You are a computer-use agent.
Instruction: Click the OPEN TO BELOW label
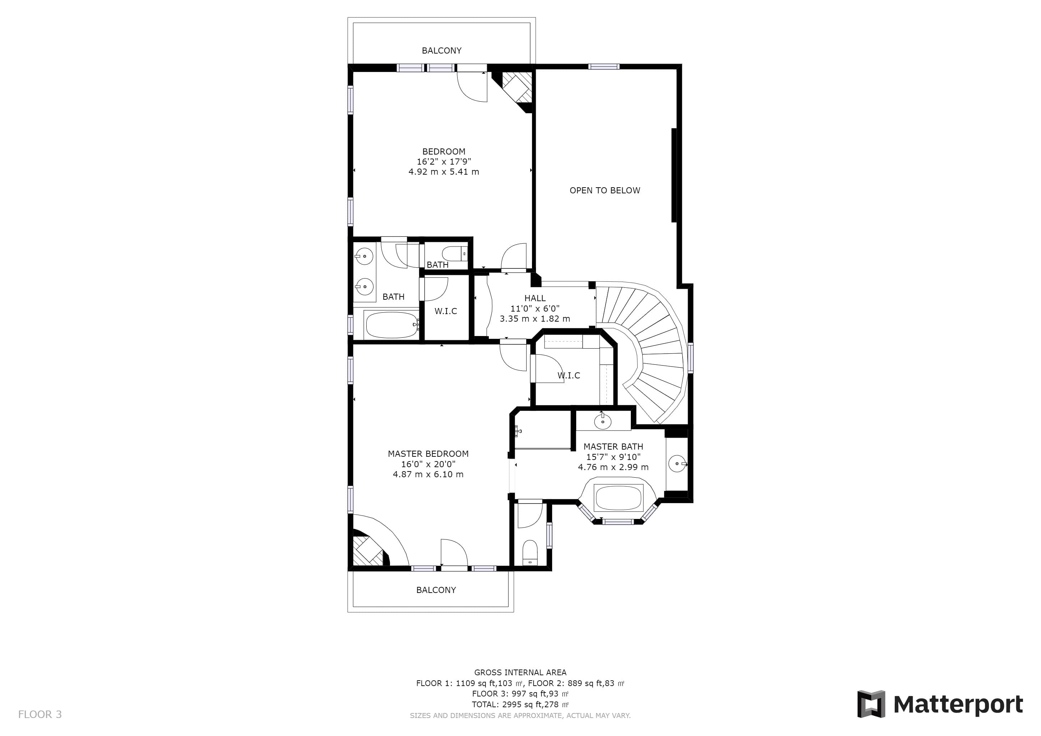[x=605, y=191]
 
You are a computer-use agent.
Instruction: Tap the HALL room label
[x=535, y=298]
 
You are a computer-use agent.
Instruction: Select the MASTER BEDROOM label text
[x=428, y=454]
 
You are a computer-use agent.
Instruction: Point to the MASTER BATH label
[x=613, y=446]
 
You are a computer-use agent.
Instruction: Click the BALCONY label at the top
[x=442, y=51]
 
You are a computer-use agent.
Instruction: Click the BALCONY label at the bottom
[x=436, y=590]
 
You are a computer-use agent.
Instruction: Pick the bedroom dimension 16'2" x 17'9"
[x=444, y=161]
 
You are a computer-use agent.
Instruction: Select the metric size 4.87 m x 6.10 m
[x=428, y=474]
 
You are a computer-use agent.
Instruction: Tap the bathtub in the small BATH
[x=391, y=324]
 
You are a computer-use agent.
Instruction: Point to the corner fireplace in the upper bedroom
[x=515, y=89]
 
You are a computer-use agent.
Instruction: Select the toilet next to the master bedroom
[x=530, y=553]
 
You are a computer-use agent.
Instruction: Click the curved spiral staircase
[x=653, y=344]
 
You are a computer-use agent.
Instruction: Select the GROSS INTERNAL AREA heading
[x=520, y=672]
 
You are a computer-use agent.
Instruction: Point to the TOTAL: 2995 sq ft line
[x=520, y=705]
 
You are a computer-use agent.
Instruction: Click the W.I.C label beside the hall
[x=446, y=311]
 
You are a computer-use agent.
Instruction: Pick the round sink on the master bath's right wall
[x=677, y=464]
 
